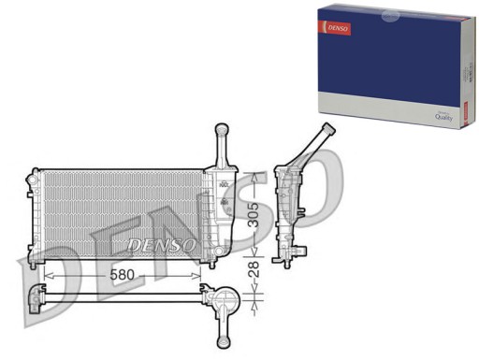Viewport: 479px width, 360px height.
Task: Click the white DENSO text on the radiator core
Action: click(161, 245)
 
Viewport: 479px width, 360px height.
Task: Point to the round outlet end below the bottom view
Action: click(224, 338)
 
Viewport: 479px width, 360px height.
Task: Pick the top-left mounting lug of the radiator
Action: click(34, 174)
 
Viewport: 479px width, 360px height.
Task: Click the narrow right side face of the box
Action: click(464, 70)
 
